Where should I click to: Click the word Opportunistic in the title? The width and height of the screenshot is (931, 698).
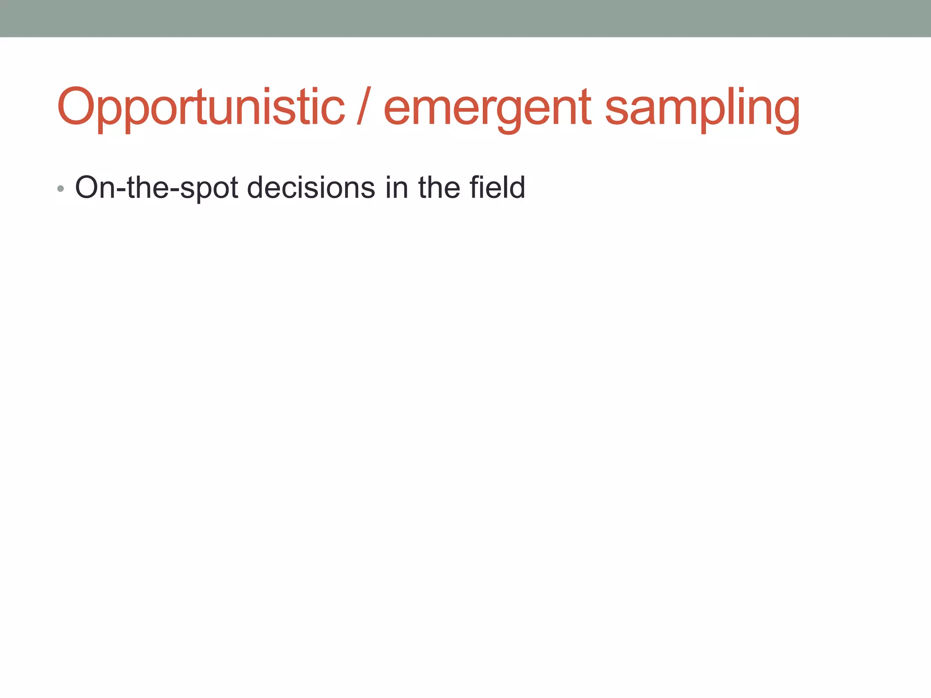[200, 107]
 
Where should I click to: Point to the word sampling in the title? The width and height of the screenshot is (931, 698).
[702, 109]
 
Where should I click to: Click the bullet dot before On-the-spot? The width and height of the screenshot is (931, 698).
[60, 189]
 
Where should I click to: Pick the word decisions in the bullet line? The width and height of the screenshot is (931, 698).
[311, 187]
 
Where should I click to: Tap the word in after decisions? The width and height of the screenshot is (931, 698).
[396, 187]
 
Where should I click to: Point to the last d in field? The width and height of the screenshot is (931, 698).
[516, 187]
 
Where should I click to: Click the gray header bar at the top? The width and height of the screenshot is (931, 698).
[465, 18]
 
